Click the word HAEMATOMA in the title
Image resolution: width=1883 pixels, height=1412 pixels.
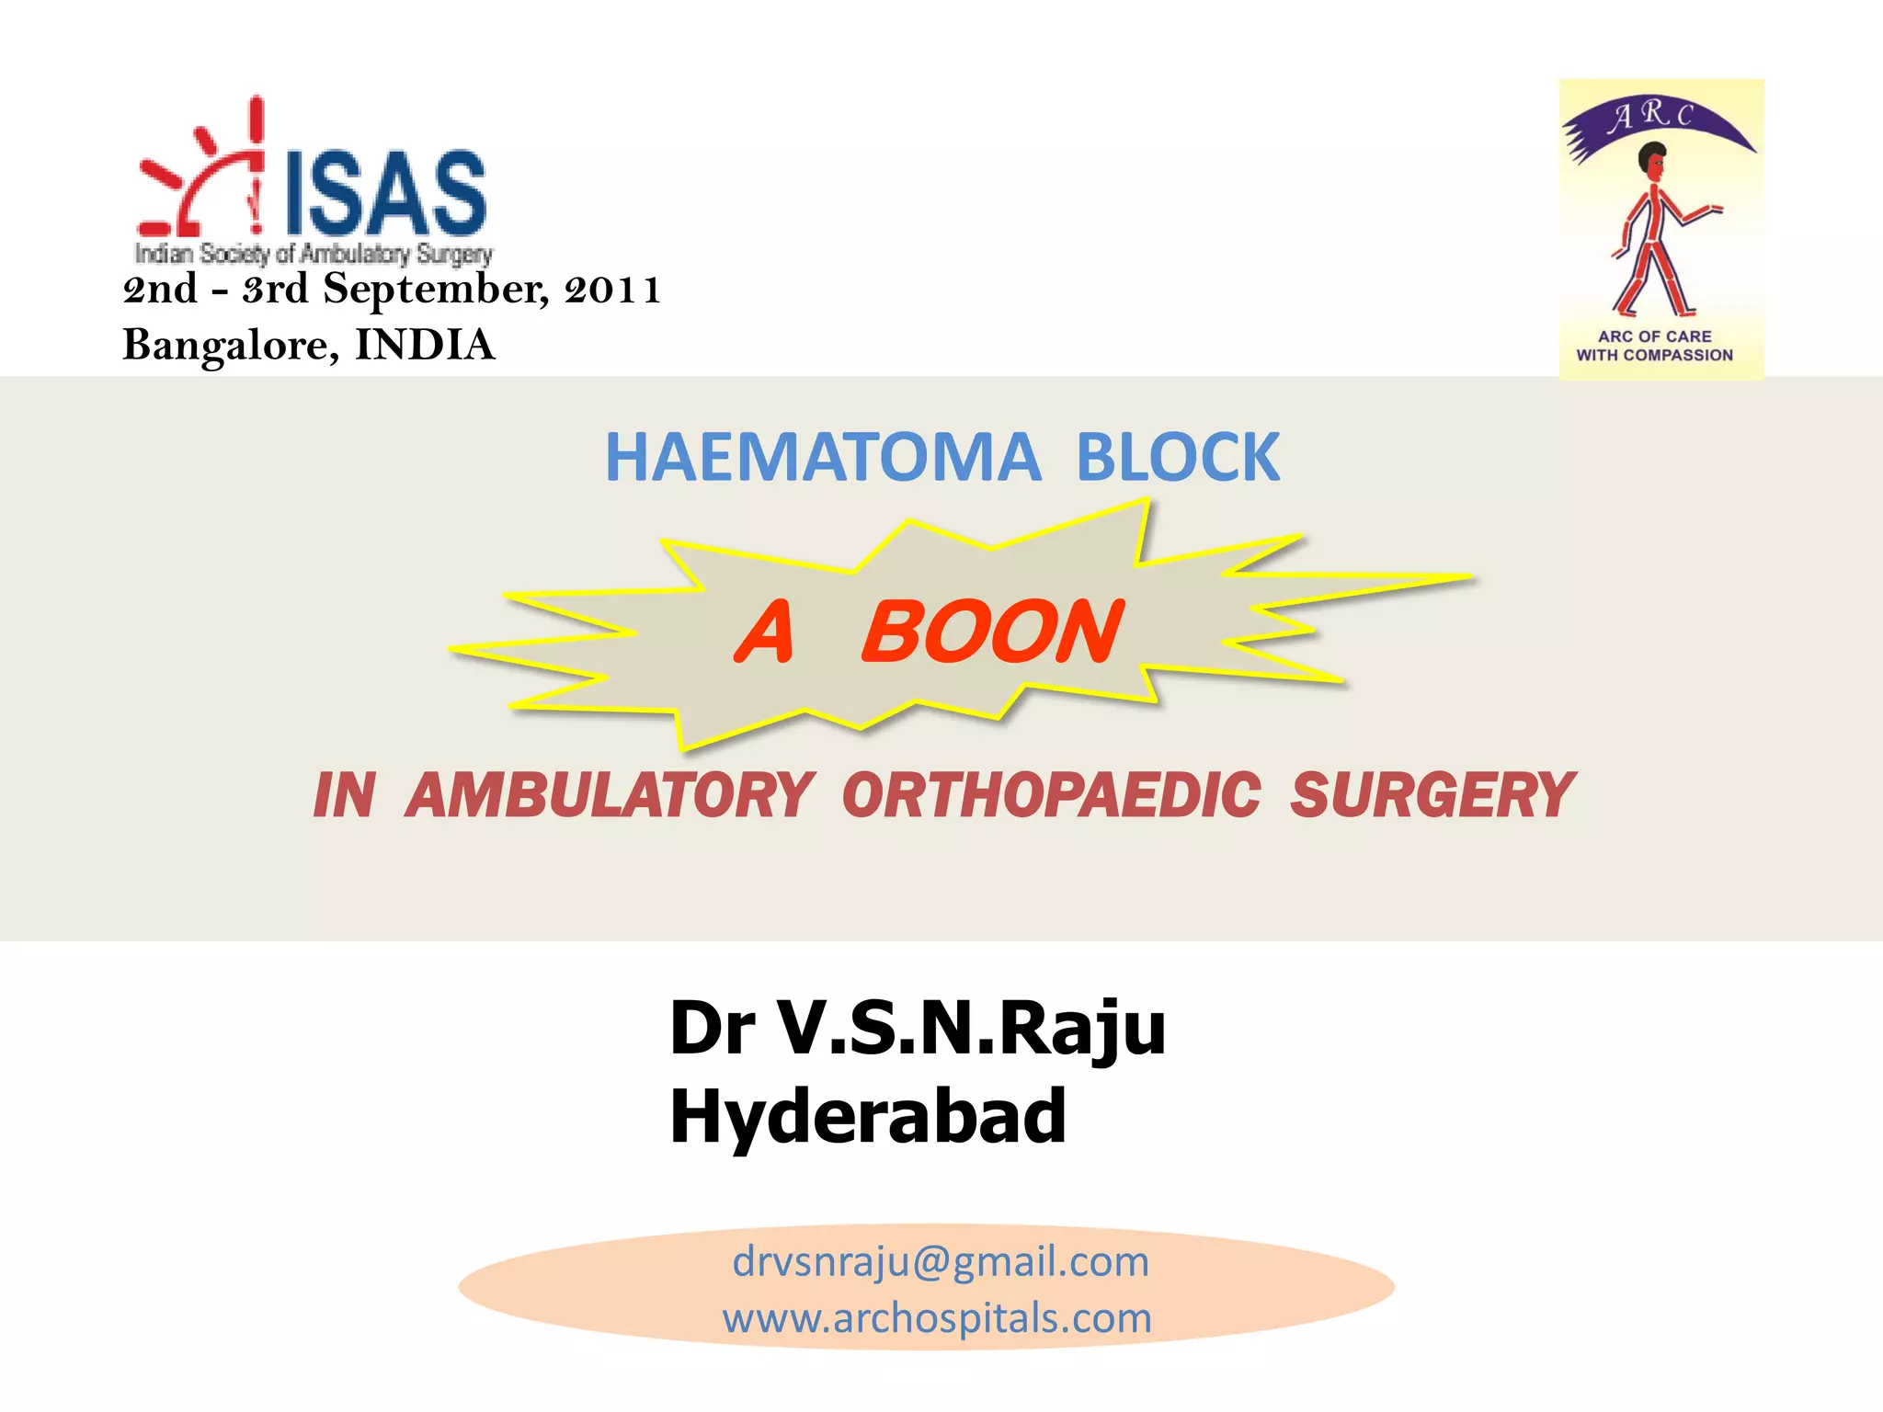coord(823,457)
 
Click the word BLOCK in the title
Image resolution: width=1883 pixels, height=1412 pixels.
coord(1178,457)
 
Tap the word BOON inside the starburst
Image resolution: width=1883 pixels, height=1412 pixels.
coord(992,632)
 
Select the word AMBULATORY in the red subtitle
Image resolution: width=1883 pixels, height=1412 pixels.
coord(610,795)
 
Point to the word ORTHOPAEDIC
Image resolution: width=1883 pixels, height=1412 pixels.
coord(1051,795)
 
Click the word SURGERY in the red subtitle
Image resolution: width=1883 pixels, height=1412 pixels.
coord(1432,795)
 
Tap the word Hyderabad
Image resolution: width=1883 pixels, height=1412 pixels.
coord(868,1116)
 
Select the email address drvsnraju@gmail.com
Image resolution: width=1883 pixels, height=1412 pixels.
coord(941,1261)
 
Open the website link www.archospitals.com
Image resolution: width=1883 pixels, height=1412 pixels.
coord(937,1318)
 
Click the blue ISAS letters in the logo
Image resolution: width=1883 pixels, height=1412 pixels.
coord(385,193)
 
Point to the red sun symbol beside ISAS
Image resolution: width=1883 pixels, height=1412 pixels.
coord(202,175)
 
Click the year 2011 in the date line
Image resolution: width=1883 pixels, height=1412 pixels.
coord(613,290)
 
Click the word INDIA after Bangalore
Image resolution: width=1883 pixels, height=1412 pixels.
coord(425,346)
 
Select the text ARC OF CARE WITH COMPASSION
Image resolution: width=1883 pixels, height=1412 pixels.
coord(1655,346)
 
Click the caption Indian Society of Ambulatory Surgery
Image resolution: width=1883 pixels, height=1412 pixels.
coord(314,253)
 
